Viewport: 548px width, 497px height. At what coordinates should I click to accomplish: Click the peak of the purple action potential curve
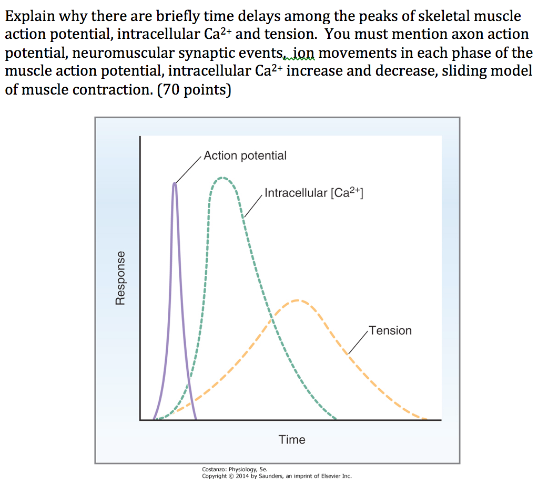click(x=175, y=183)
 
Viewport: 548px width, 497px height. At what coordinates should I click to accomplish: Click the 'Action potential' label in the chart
click(x=245, y=156)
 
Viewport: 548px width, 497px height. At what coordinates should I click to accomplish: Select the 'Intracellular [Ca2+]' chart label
click(x=314, y=193)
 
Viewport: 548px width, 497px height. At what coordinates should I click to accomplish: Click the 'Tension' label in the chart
click(x=390, y=330)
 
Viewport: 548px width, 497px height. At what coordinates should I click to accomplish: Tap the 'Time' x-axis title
click(x=292, y=440)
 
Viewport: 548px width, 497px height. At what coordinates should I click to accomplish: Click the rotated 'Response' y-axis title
click(x=120, y=277)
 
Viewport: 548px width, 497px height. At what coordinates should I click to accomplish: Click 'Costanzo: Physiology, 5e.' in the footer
click(x=235, y=470)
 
